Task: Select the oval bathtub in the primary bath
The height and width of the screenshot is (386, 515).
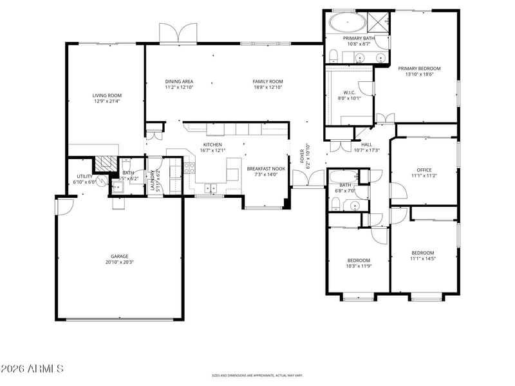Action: pos(347,23)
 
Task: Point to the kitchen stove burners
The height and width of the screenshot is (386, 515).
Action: pos(190,168)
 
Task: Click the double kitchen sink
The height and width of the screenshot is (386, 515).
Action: pos(211,188)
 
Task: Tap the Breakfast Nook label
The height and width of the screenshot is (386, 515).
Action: pos(266,169)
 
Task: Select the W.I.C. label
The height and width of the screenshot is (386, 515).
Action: pos(350,92)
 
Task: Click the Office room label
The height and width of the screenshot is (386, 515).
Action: pos(424,170)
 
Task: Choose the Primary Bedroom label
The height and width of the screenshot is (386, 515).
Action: pos(419,68)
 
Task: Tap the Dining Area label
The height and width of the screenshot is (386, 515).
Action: pos(179,81)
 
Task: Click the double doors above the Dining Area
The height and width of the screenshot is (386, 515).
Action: pos(178,34)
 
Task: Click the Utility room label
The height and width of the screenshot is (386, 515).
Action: pos(84,176)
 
